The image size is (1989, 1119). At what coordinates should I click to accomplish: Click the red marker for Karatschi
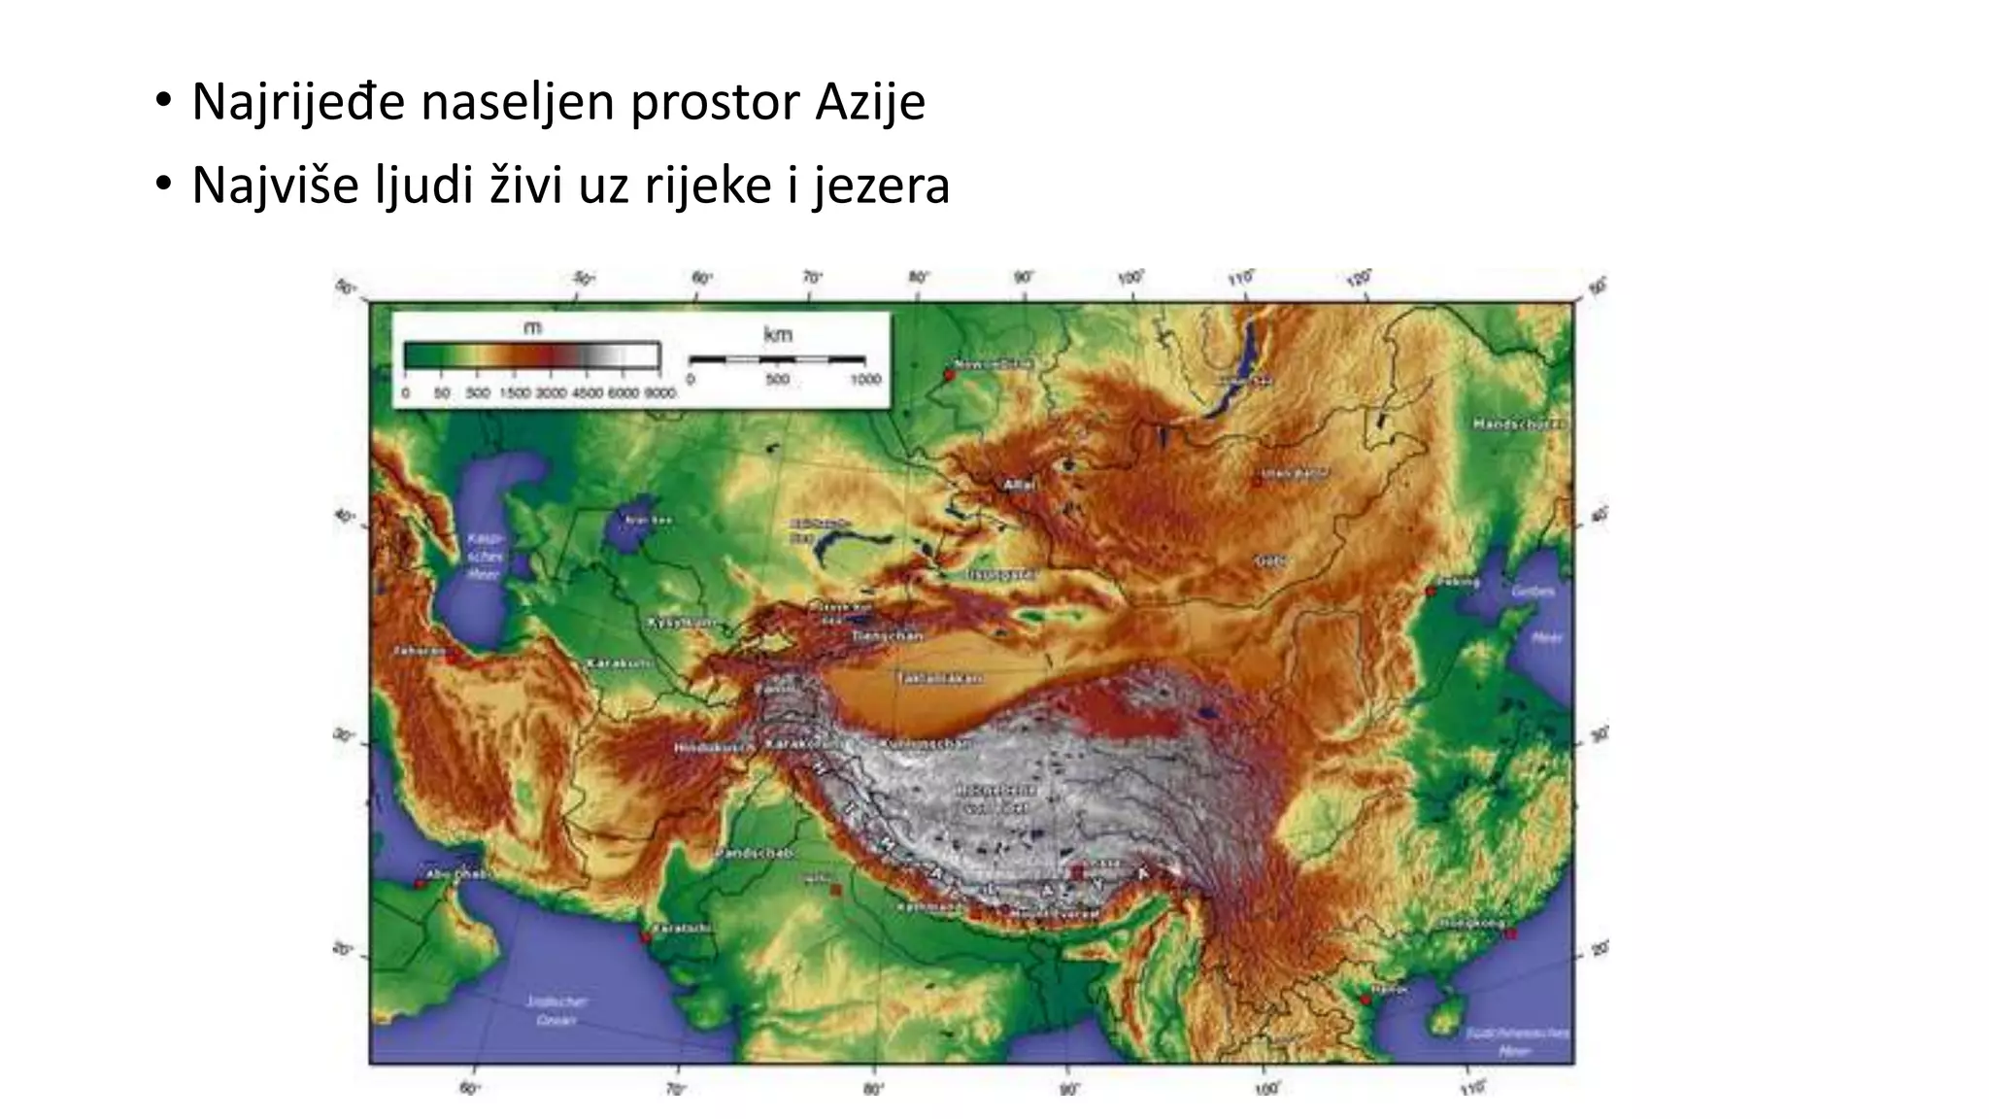coord(647,936)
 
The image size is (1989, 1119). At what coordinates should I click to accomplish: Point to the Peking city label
coord(1458,582)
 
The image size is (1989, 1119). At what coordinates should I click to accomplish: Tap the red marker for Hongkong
coord(1510,933)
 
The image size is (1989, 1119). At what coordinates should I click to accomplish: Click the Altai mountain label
coord(1020,484)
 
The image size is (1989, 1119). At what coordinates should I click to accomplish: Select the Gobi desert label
coord(1269,560)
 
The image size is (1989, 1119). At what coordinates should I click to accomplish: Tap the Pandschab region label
coord(755,853)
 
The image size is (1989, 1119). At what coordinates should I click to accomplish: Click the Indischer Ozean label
coord(556,1010)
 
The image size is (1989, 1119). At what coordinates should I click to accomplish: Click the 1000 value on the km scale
coord(865,379)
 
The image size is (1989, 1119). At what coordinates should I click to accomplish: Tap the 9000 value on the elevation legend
coord(660,393)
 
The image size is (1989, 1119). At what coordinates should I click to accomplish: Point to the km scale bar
coord(777,359)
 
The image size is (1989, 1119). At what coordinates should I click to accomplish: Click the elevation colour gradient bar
coord(531,356)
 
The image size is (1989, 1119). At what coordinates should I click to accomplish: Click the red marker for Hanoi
coord(1366,999)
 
